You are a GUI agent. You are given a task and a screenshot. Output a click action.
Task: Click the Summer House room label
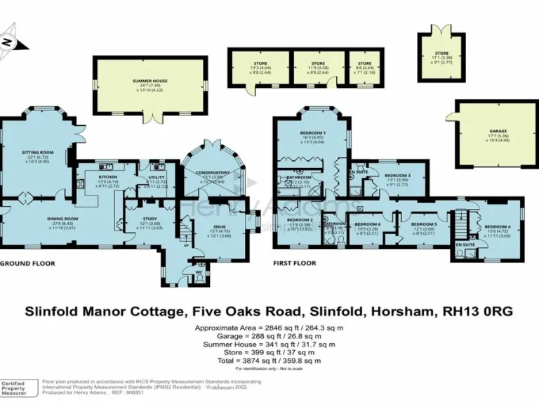tap(151, 82)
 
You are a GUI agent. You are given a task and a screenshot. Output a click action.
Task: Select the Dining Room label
tap(62, 219)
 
